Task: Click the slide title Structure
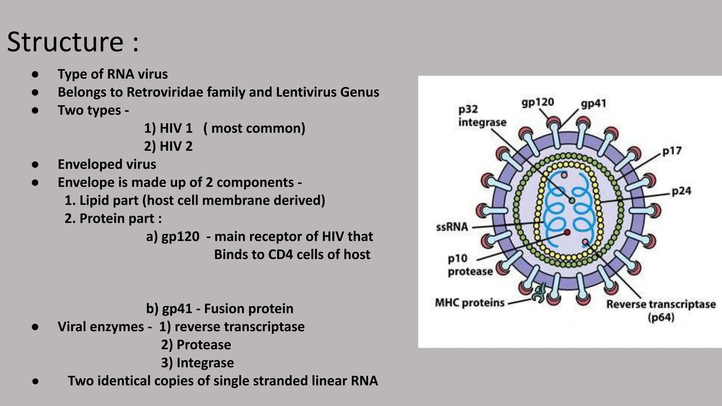pyautogui.click(x=66, y=42)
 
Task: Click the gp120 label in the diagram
pyautogui.click(x=538, y=103)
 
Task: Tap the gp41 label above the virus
pyautogui.click(x=593, y=104)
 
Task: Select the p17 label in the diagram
pyautogui.click(x=672, y=151)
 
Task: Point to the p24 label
pyautogui.click(x=681, y=191)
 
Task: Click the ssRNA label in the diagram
pyautogui.click(x=452, y=227)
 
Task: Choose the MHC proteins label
pyautogui.click(x=470, y=303)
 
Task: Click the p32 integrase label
pyautogui.click(x=482, y=116)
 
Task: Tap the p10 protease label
pyautogui.click(x=470, y=265)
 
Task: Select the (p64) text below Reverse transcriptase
pyautogui.click(x=661, y=318)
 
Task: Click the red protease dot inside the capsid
pyautogui.click(x=567, y=232)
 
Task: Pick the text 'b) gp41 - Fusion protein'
pyautogui.click(x=220, y=309)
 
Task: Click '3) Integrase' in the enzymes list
pyautogui.click(x=197, y=363)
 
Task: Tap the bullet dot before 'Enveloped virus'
pyautogui.click(x=35, y=165)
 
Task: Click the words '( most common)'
pyautogui.click(x=254, y=128)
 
